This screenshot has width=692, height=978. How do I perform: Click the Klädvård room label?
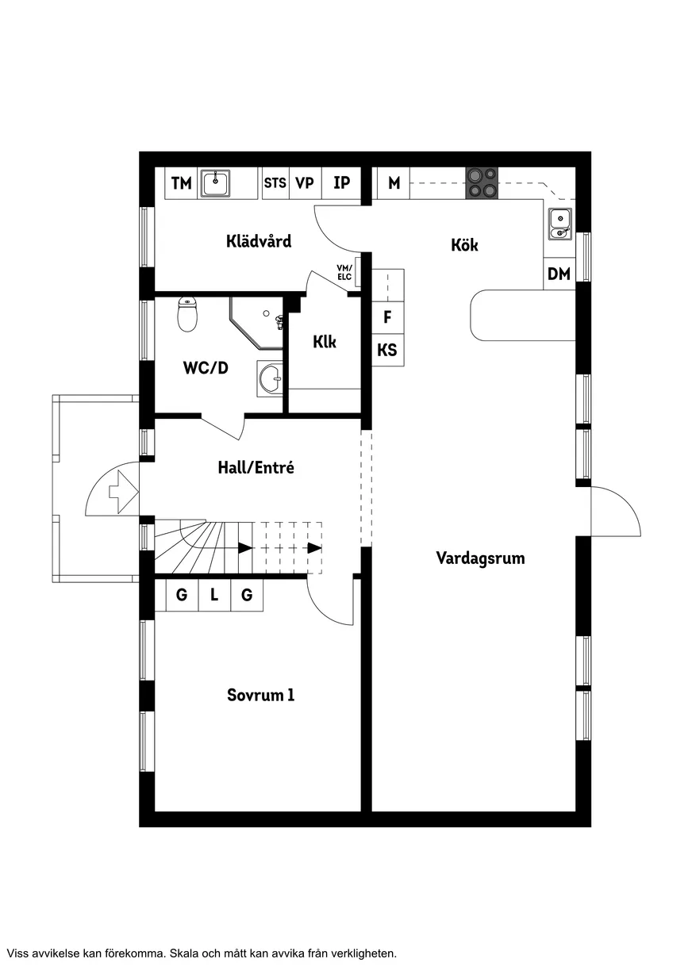point(259,241)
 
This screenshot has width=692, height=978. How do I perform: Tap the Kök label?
point(464,245)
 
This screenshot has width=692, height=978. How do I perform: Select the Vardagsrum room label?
point(480,558)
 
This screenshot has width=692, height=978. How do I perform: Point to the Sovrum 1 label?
point(260,695)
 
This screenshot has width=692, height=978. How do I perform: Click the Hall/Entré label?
point(256,468)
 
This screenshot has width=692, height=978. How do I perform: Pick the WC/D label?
point(206,367)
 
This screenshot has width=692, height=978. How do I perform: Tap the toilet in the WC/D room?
point(187,314)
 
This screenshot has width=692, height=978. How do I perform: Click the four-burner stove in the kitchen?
point(482,183)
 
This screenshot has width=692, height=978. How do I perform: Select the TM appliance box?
point(181,183)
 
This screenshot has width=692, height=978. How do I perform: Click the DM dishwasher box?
point(559,274)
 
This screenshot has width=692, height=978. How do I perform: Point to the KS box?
point(387,350)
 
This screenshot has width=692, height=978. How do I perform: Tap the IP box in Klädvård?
point(341,183)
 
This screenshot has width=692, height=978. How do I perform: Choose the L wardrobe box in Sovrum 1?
point(214,595)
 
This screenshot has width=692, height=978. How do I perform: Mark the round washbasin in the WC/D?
point(271,378)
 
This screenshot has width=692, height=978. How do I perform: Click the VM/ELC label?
point(344,272)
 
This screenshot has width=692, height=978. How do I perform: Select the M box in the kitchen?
point(394,183)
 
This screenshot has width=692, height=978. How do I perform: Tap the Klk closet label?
point(325,342)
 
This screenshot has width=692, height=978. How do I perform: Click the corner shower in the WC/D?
point(256,323)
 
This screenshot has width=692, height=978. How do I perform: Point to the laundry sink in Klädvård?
point(215,183)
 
